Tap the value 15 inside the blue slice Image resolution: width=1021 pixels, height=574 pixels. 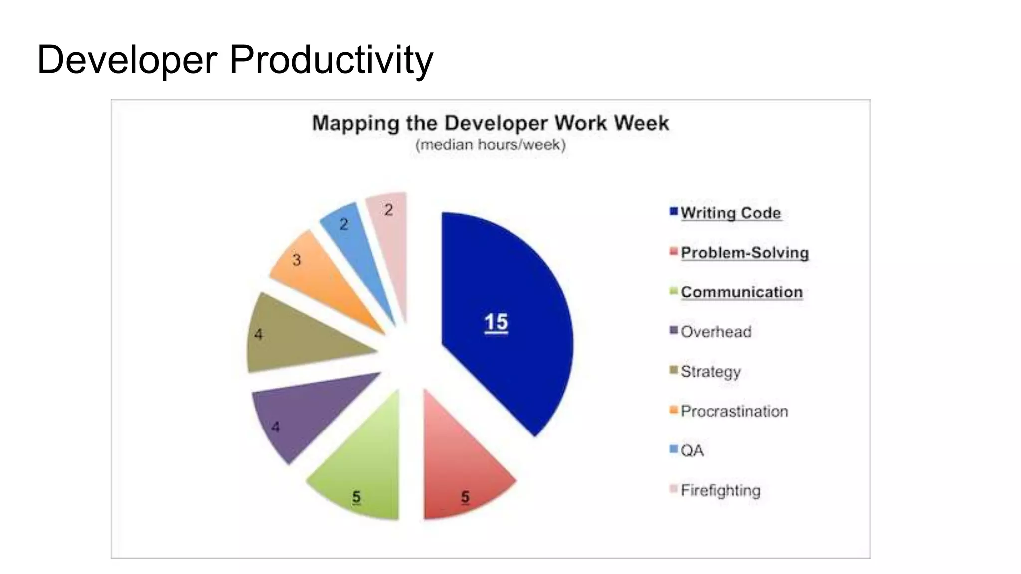(496, 322)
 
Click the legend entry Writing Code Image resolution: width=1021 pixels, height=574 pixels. (730, 213)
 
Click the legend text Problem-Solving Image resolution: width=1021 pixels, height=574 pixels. (744, 253)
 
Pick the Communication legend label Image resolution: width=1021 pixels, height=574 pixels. (741, 292)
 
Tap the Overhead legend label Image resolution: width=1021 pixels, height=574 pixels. (716, 332)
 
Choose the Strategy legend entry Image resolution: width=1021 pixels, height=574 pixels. (711, 371)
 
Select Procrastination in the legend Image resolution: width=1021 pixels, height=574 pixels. (734, 411)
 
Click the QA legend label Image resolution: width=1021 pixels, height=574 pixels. (692, 450)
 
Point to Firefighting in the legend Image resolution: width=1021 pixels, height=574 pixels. (720, 490)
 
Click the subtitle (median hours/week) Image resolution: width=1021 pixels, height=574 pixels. (491, 145)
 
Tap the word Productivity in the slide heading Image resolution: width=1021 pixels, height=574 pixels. (331, 60)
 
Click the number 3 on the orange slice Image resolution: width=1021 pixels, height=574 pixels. (297, 260)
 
